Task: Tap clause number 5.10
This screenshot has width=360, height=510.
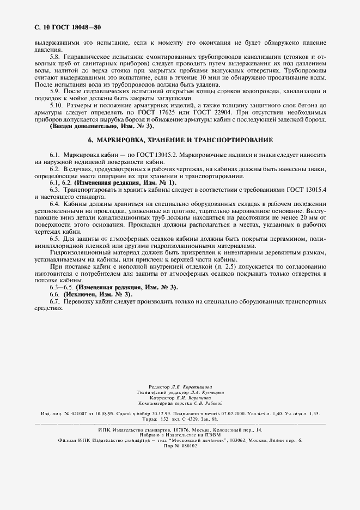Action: tap(57, 104)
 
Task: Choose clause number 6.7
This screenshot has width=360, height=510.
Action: tap(55, 302)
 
